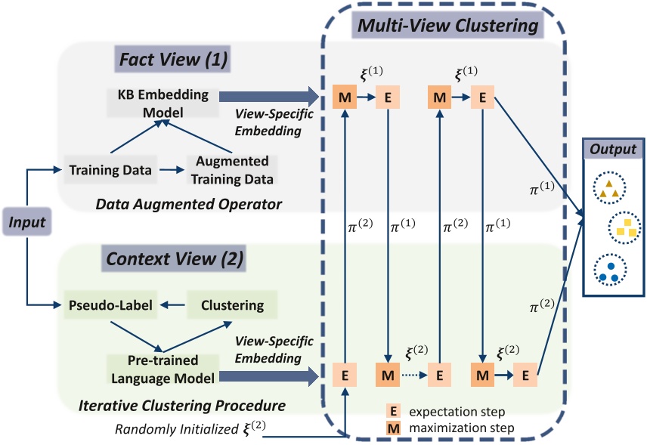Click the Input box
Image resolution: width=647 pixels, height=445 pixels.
27,223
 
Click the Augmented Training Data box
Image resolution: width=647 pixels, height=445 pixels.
232,170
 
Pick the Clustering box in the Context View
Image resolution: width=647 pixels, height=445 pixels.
232,305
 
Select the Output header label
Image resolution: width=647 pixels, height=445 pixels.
614,148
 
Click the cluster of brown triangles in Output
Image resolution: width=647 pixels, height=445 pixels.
609,190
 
